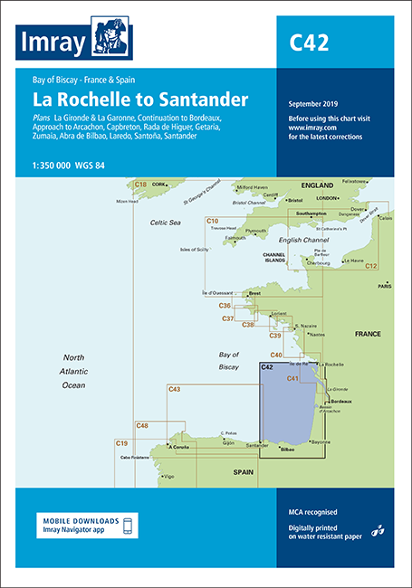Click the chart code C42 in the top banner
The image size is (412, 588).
click(309, 42)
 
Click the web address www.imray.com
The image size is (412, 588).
click(311, 128)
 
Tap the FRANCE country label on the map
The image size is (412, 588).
click(368, 334)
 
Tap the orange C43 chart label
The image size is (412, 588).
click(175, 389)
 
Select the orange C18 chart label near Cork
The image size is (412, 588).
click(140, 185)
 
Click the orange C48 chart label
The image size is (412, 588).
click(142, 425)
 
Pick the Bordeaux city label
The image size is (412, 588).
click(340, 401)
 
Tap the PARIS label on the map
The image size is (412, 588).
click(385, 286)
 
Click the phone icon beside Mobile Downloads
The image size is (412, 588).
click(128, 526)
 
